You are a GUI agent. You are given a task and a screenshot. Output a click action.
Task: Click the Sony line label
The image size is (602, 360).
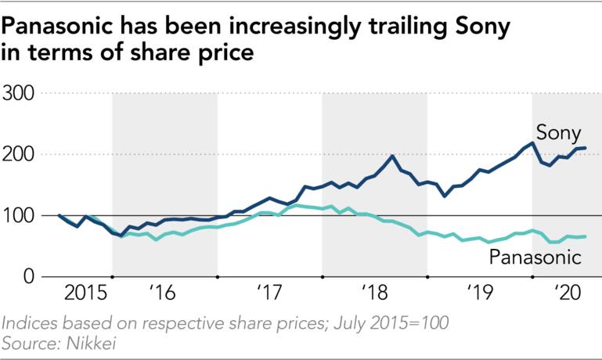pos(557,130)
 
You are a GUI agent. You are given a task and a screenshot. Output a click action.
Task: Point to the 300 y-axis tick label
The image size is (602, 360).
pos(20,94)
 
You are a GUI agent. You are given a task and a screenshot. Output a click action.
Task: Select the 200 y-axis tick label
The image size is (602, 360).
pos(20,155)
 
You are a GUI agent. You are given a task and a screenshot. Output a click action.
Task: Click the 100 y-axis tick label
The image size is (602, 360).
pos(20,216)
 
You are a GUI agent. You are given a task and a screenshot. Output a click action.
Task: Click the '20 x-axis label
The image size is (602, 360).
pos(565,294)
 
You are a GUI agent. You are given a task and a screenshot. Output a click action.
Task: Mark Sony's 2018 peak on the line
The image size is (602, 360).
pos(392,156)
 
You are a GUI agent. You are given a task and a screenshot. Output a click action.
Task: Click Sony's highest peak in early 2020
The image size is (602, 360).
pos(532,142)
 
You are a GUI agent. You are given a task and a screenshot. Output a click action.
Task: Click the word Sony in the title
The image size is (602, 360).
pos(478,28)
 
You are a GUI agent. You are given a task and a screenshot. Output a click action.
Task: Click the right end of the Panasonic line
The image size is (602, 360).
pos(586,236)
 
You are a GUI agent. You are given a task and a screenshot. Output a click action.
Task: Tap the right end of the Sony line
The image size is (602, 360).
pos(586,148)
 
